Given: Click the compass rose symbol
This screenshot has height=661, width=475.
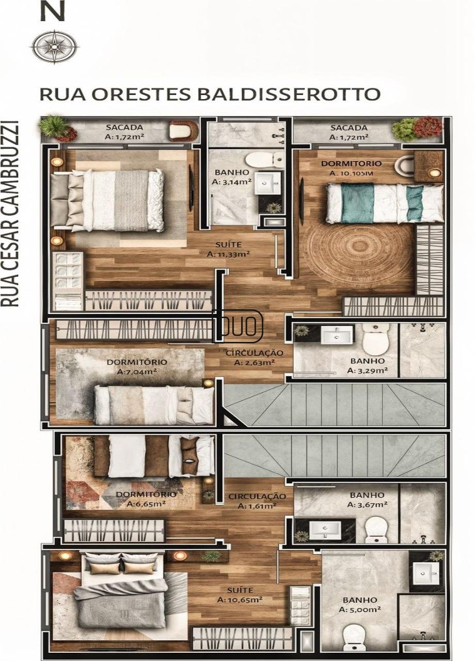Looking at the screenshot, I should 54,46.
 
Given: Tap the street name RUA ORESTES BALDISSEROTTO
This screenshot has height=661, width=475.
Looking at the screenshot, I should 210,94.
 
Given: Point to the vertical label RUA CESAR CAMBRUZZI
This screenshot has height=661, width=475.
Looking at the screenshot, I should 10,214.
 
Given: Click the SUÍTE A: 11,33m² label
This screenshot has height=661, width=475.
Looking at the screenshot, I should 228,249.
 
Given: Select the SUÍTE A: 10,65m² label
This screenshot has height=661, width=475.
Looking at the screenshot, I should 240,595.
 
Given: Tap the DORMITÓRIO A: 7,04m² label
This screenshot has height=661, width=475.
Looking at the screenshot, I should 137,367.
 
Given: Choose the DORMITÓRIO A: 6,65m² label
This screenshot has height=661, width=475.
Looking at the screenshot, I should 146,499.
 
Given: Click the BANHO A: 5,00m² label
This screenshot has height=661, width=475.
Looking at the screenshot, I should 360,605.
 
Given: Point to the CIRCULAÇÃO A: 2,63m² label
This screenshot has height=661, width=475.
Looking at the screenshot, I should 255,358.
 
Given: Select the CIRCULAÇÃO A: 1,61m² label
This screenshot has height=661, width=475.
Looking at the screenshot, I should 257,501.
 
